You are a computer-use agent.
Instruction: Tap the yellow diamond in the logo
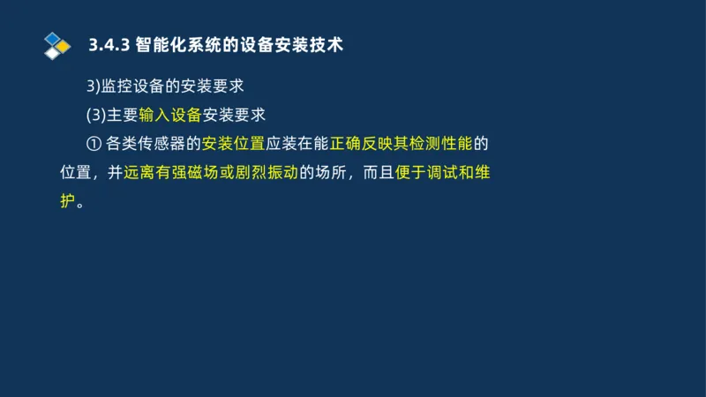click(x=64, y=46)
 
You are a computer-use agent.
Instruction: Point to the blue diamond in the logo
click(x=54, y=38)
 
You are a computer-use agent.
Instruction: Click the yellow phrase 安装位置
click(x=234, y=143)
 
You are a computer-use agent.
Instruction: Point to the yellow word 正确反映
click(x=362, y=143)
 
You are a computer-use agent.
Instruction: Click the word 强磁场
click(x=195, y=172)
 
